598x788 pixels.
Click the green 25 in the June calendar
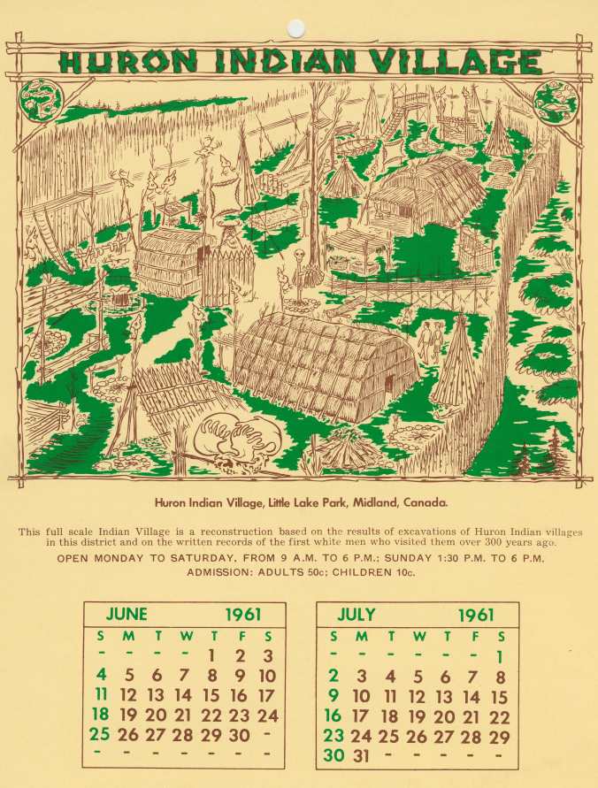pos(100,734)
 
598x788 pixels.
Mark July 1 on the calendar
pos(500,656)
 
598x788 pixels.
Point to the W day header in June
pos(184,636)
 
